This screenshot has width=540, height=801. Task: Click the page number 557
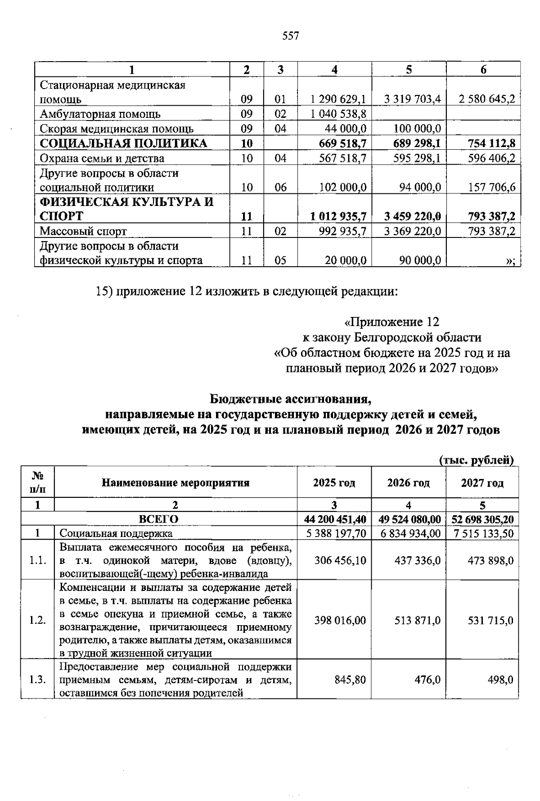[291, 36]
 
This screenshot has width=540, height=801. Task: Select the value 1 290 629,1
[338, 99]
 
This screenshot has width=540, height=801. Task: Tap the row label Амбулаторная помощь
[100, 114]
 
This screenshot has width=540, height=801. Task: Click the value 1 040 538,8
[338, 114]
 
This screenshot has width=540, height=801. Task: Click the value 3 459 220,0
[412, 216]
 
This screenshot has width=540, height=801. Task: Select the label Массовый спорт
[83, 231]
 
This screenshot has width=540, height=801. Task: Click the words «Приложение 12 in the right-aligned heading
[391, 322]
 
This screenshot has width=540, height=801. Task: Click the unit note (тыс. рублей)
[476, 460]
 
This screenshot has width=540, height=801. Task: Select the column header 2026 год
[408, 483]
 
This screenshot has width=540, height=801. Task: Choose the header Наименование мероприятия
[175, 483]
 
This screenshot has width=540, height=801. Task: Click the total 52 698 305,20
[482, 519]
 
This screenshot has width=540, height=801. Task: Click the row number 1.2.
[37, 620]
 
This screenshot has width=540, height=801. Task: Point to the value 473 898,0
[490, 560]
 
